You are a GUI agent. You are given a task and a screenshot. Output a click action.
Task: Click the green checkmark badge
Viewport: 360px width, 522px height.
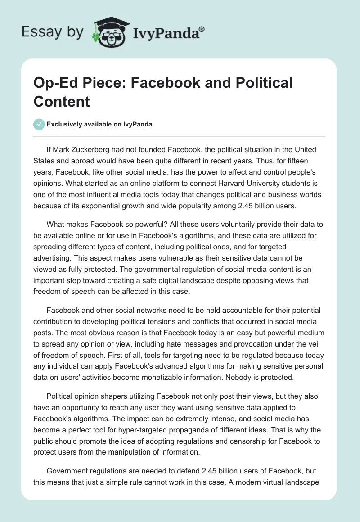[x=39, y=124]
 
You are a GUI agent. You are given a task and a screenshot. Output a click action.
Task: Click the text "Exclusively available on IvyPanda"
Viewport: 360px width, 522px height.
[x=99, y=124]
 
